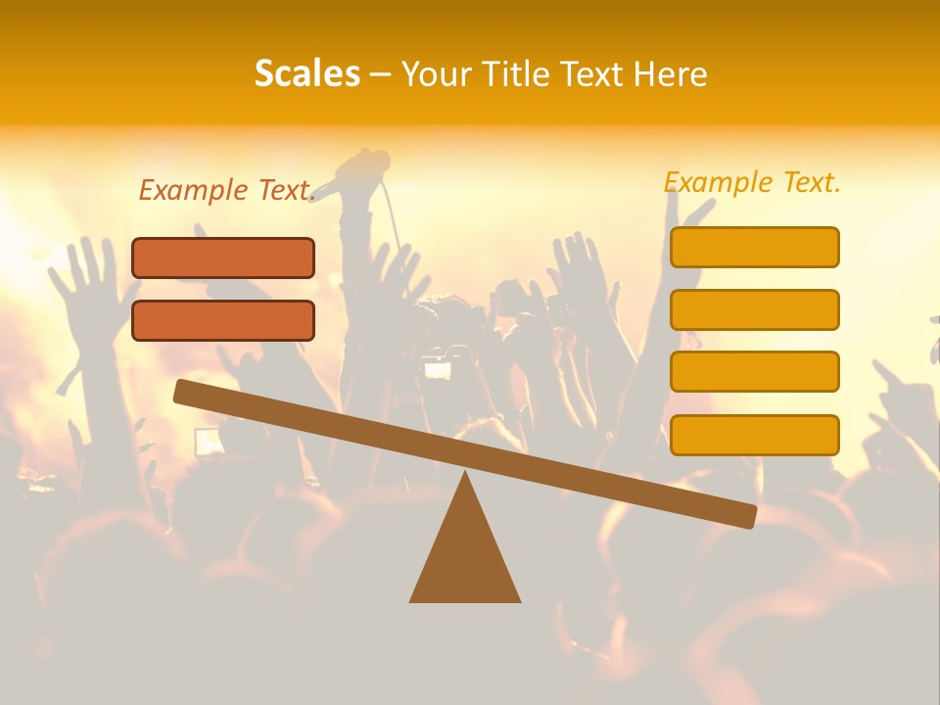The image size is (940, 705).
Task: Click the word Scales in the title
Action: coord(306,73)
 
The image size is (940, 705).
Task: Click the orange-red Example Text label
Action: coord(226,190)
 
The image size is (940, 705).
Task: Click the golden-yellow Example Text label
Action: coord(752,182)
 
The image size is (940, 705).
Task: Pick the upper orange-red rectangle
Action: coord(223,258)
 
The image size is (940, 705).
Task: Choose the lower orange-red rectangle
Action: coord(223,320)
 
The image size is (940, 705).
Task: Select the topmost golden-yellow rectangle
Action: coord(754,247)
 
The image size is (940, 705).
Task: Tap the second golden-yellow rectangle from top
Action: coord(754,309)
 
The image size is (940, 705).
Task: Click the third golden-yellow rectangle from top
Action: coord(754,371)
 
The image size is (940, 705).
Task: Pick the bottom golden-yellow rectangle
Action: coord(754,434)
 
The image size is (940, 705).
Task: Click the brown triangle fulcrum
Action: coord(465,558)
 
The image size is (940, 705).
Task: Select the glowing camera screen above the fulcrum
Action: coord(437,369)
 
